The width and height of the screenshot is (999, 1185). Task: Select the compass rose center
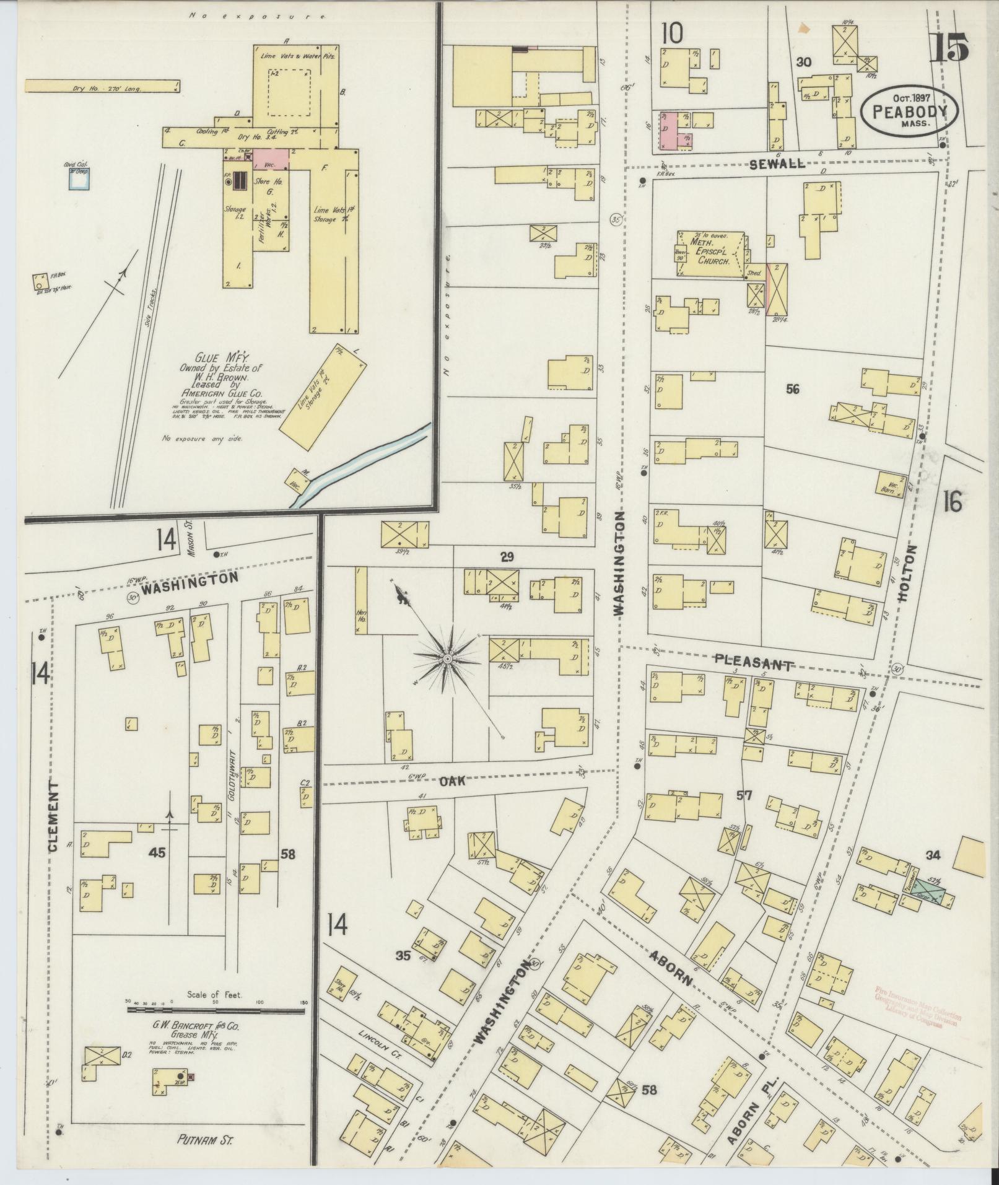coord(447,658)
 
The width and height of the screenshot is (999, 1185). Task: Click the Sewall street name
coord(777,164)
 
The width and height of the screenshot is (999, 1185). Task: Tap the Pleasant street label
coord(753,662)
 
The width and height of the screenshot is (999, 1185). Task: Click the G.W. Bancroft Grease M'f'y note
coord(197,1030)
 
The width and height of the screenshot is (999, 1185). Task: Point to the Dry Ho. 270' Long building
coord(102,86)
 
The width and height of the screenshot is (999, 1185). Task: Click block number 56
coord(792,389)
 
